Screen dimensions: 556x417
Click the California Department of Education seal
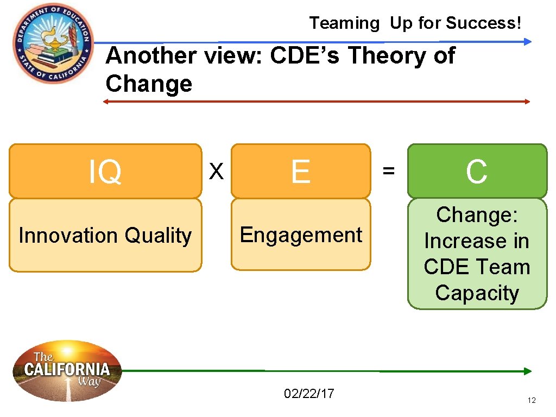pyautogui.click(x=53, y=43)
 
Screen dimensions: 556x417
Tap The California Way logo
pyautogui.click(x=67, y=371)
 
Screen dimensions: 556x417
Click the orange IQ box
pyautogui.click(x=105, y=171)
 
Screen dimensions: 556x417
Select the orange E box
pyautogui.click(x=300, y=171)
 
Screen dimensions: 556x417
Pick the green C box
pyautogui.click(x=477, y=171)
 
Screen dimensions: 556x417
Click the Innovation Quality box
pyautogui.click(x=105, y=236)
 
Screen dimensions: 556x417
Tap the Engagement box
pyautogui.click(x=300, y=235)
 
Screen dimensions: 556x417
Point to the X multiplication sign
pyautogui.click(x=217, y=172)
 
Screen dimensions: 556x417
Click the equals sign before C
pyautogui.click(x=388, y=172)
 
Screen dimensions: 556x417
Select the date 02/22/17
pyautogui.click(x=309, y=393)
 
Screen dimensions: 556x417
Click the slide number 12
pyautogui.click(x=532, y=401)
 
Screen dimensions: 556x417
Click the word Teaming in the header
pyautogui.click(x=344, y=23)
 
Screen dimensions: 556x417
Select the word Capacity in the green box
pyautogui.click(x=477, y=293)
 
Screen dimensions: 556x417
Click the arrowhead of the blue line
pyautogui.click(x=528, y=41)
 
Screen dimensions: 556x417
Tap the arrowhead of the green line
pyautogui.click(x=528, y=371)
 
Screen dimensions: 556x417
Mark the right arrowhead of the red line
pyautogui.click(x=527, y=102)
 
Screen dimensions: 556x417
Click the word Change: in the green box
pyautogui.click(x=477, y=215)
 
